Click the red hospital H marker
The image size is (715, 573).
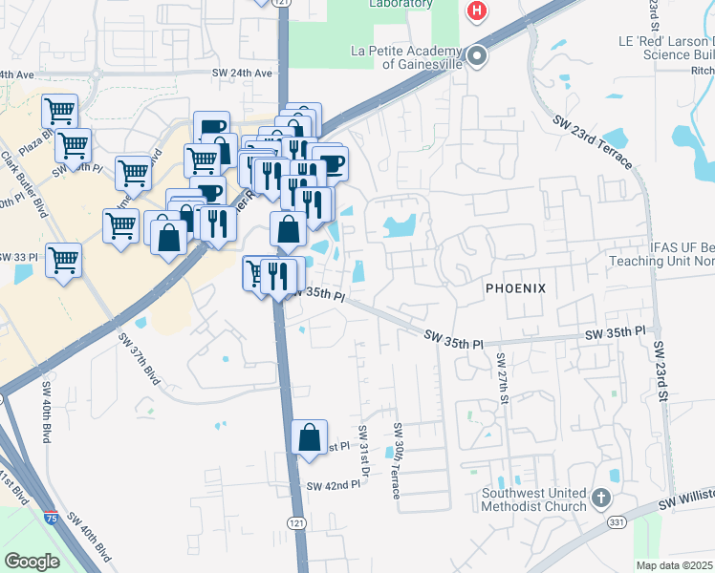476,11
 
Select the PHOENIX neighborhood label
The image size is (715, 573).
514,287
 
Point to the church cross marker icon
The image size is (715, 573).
600,499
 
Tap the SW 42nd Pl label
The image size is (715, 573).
333,485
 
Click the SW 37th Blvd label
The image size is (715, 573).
139,359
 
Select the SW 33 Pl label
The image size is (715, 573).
19,258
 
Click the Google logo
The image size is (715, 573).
32,561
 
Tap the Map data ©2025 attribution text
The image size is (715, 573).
674,565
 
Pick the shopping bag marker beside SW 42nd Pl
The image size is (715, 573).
310,438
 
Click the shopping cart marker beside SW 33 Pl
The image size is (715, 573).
63,259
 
